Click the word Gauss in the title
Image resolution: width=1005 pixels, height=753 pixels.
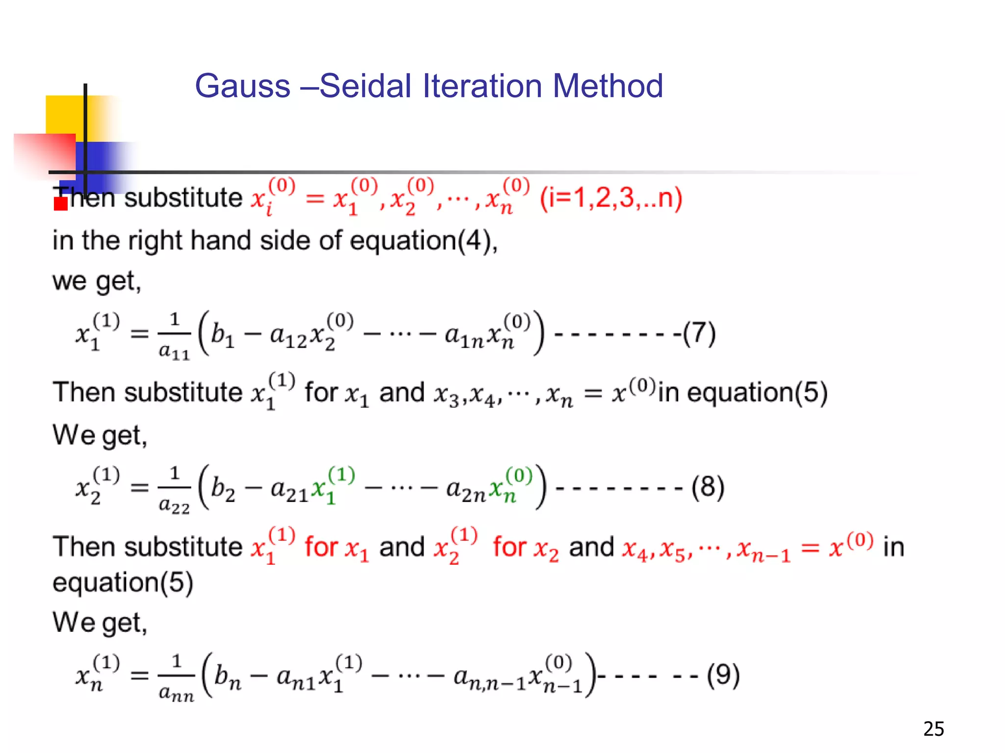click(x=242, y=86)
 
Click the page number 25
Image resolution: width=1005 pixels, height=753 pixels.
click(x=933, y=729)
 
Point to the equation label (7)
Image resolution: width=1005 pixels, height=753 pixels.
click(x=699, y=334)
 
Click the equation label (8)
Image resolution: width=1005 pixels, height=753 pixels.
click(x=707, y=488)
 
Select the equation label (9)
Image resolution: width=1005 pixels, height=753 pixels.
click(x=723, y=676)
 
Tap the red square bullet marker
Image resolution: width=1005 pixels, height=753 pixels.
click(x=60, y=203)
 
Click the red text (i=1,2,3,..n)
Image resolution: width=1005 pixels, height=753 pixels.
click(x=611, y=198)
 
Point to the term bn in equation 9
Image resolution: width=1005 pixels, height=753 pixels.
click(x=228, y=677)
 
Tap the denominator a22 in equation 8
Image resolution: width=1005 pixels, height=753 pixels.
click(x=174, y=505)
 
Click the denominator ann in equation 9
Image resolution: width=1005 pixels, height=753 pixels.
click(x=176, y=693)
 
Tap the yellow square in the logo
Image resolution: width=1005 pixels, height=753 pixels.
click(x=64, y=114)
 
